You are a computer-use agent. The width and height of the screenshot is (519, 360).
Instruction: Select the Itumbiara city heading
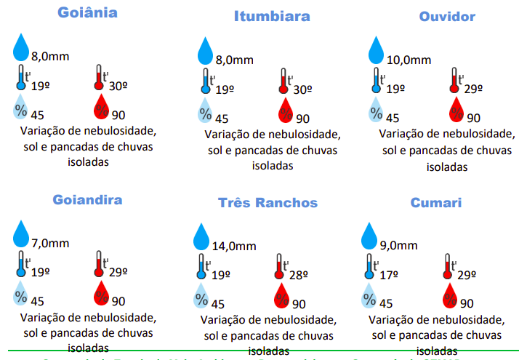pos(272,16)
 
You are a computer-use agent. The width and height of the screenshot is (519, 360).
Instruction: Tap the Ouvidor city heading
pos(447,16)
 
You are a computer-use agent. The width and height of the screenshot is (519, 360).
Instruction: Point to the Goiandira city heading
pos(87,199)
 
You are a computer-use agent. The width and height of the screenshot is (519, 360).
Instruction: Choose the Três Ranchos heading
pos(267,203)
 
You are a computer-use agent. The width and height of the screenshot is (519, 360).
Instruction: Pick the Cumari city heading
pos(435,202)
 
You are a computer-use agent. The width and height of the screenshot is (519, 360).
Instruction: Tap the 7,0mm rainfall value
pos(51,243)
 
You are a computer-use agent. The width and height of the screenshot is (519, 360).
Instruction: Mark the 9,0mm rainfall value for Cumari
pos(399,245)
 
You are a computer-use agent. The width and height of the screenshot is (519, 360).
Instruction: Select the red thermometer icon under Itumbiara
pos(282,81)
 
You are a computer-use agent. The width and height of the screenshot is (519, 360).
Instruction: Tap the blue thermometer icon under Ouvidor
pos(376,80)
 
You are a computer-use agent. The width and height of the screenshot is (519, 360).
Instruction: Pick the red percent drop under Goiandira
pos(101,295)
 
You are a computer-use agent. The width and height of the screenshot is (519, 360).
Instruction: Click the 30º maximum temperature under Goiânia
pos(118,85)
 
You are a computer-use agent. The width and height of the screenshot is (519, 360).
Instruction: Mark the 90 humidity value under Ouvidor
pos(472,118)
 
